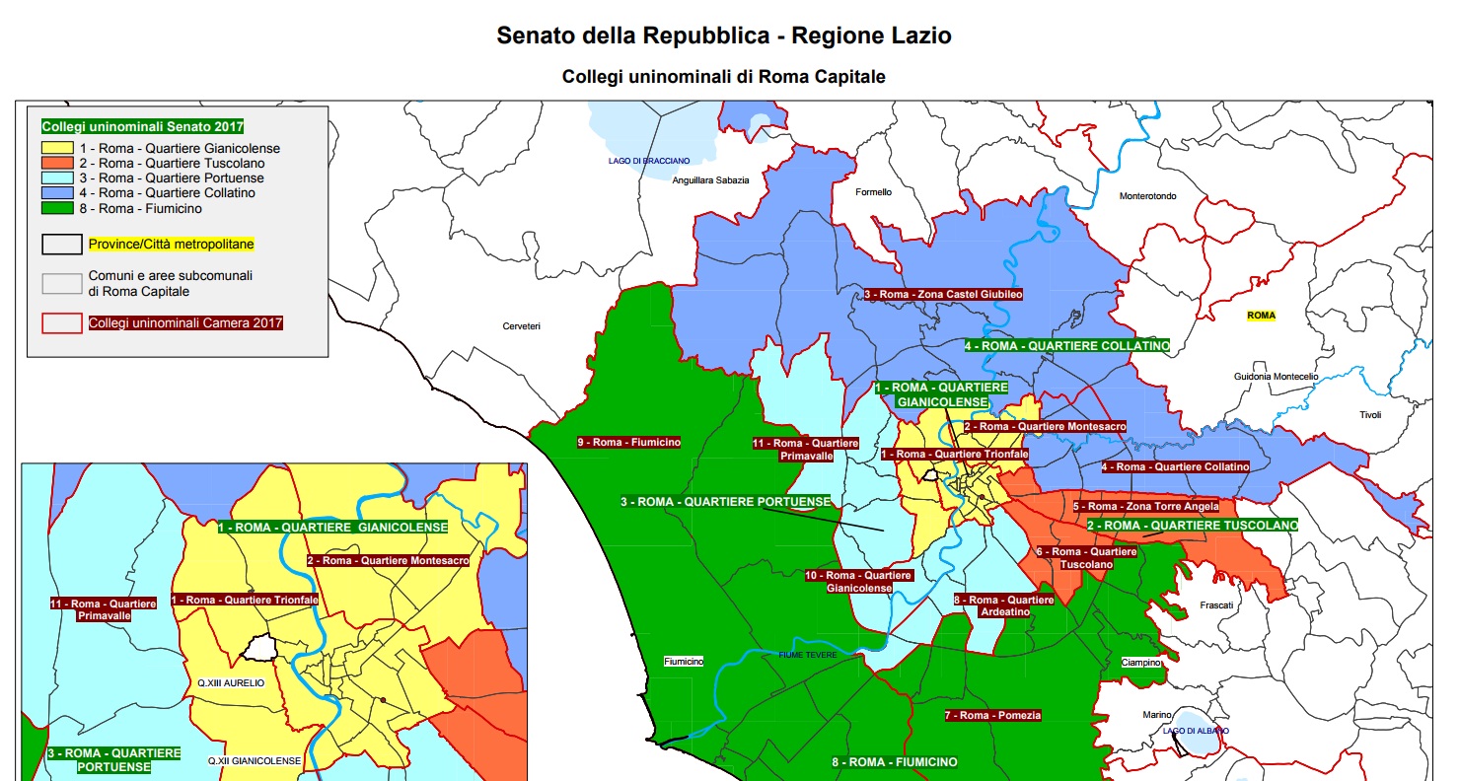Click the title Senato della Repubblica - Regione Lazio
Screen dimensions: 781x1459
click(723, 36)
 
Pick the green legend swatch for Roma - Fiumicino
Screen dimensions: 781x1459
click(58, 208)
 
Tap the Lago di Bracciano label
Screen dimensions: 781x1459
click(649, 160)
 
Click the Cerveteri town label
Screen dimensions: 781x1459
click(521, 326)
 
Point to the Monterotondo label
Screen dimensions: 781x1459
click(1147, 196)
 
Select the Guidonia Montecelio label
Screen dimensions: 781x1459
click(1276, 377)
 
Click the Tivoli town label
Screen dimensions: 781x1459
click(1370, 415)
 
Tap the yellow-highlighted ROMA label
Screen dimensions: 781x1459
click(1261, 316)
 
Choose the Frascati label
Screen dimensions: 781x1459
click(1216, 605)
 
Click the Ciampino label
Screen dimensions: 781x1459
click(1140, 663)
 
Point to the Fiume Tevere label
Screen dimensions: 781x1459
click(807, 655)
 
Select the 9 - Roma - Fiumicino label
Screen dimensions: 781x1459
click(628, 443)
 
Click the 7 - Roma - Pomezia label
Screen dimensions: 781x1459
click(992, 715)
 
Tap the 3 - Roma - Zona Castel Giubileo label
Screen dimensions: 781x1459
click(943, 294)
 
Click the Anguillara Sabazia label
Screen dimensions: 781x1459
click(710, 180)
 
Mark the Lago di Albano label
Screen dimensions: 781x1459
click(1196, 731)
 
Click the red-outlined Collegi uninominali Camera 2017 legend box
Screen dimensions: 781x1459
click(62, 322)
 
